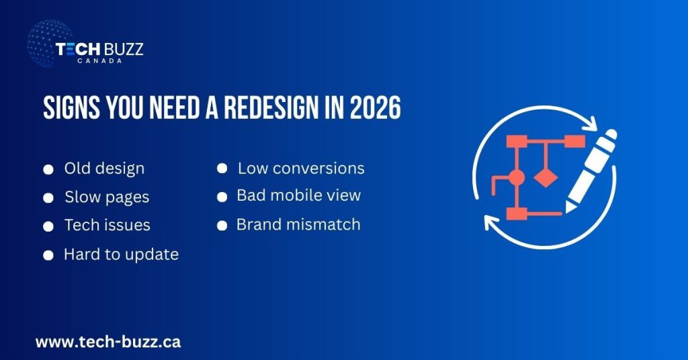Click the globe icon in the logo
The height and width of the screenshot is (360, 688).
pos(49,44)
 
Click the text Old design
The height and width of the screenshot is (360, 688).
pos(104,168)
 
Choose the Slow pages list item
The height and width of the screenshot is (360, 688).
pos(107,197)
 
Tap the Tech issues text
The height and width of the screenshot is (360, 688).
pos(107,225)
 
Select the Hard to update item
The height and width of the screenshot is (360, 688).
pos(121,254)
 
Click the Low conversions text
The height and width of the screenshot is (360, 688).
pos(301,168)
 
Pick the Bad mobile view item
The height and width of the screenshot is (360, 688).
pos(298,195)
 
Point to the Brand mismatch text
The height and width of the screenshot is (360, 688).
pos(298,224)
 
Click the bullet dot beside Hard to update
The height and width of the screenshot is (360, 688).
pos(48,255)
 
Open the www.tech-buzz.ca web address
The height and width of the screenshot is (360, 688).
pos(107,341)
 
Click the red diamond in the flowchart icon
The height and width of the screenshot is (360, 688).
pos(545,179)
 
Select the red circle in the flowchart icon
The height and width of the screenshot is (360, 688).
pos(516,179)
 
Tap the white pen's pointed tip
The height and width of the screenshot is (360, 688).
pos(569,209)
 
